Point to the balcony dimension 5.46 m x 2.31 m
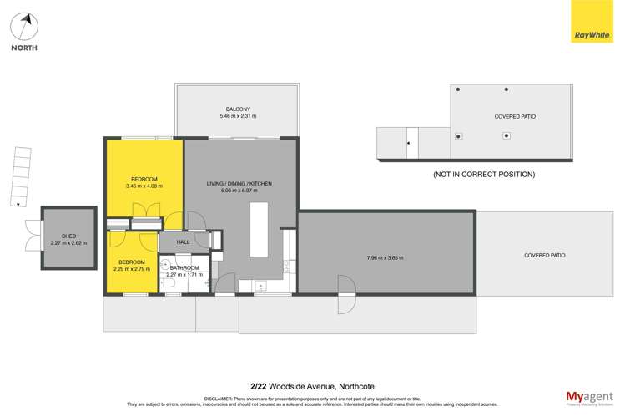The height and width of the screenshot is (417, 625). [x=238, y=117]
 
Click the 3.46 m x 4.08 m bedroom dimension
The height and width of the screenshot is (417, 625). [x=144, y=186]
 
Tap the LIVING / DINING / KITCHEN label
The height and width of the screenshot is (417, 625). [x=239, y=183]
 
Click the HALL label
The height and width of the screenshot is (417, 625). [x=183, y=242]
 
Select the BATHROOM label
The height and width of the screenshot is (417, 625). [x=184, y=267]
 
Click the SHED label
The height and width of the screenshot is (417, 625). [x=68, y=236]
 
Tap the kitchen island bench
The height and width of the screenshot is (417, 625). [x=259, y=229]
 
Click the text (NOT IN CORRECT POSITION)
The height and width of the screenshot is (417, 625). [x=483, y=174]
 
